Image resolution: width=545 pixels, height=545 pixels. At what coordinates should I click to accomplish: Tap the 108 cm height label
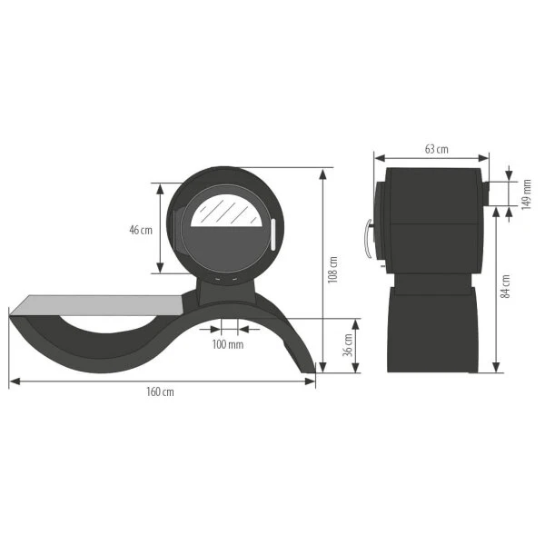point(333,270)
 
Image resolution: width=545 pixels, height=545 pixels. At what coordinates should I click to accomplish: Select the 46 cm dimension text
point(141,230)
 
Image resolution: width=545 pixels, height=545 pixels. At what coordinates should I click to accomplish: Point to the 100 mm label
point(227,344)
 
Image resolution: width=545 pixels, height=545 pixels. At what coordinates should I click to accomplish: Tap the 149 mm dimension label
point(525,193)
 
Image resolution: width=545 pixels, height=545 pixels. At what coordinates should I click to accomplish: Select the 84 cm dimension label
point(506,287)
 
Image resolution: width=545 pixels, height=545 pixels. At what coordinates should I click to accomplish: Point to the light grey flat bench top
point(100,302)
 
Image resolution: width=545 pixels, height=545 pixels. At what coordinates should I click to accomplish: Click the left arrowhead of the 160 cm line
point(13,381)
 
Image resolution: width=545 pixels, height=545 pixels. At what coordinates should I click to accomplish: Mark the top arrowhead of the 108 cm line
point(322,172)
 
